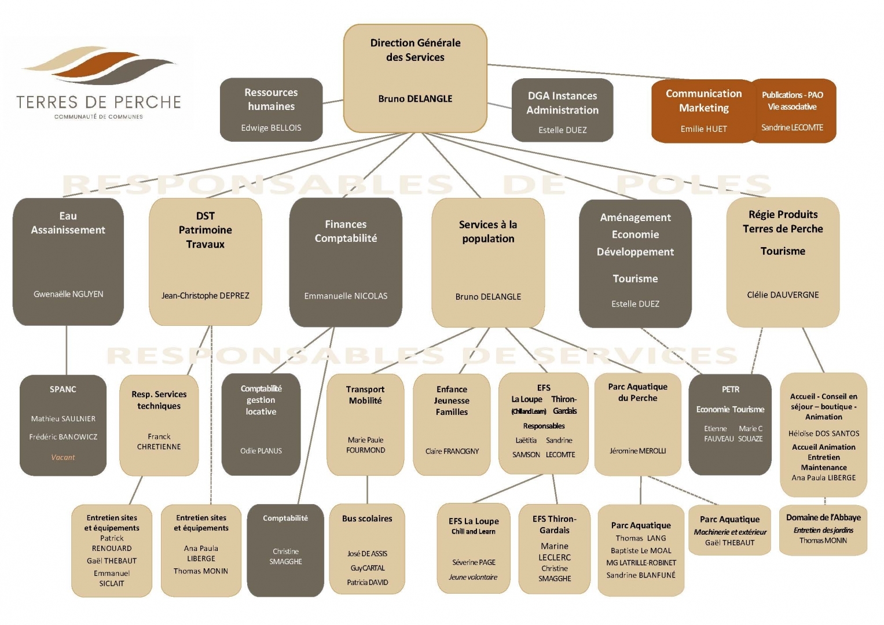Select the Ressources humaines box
[271, 109]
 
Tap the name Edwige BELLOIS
[271, 128]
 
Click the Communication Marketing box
[703, 111]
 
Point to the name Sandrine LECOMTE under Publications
[792, 127]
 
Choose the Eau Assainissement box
[68, 261]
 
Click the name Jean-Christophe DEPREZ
[206, 296]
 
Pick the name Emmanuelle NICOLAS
[346, 296]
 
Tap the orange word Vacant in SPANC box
[63, 457]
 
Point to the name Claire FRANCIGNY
[452, 451]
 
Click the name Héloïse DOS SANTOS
[824, 433]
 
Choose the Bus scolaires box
[367, 549]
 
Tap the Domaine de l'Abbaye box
[823, 530]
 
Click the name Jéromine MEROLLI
[637, 451]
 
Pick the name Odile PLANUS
[261, 451]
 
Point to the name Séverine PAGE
[474, 562]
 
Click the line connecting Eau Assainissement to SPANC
[67, 350]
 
